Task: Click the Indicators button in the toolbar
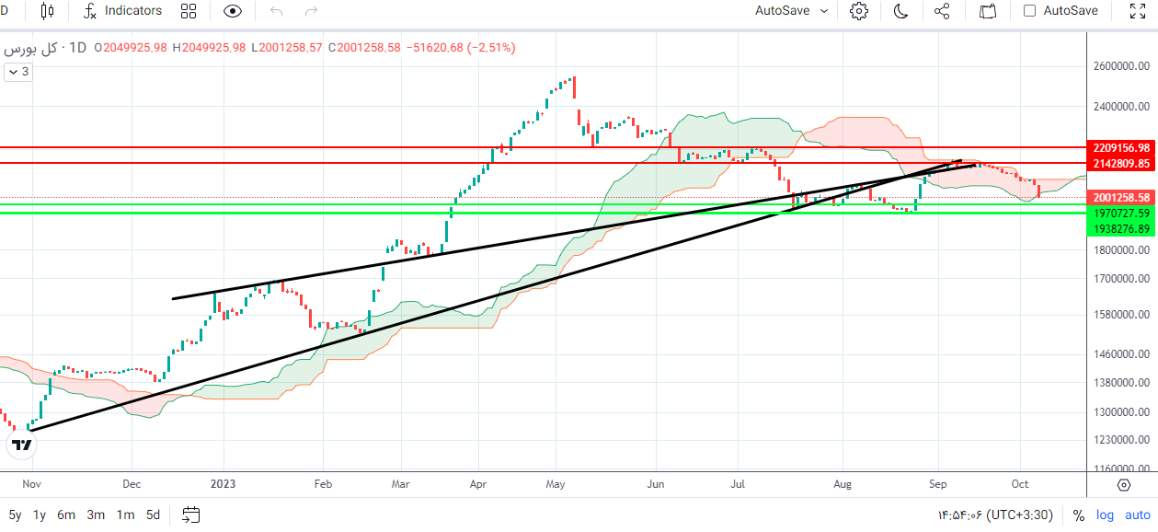pos(123,11)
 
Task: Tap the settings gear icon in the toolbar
pos(859,11)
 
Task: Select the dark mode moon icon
pos(900,11)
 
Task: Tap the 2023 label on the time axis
pos(223,483)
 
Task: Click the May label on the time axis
pos(556,483)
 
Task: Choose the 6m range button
pos(66,515)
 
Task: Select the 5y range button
pos(16,515)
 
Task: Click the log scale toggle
pos(1105,515)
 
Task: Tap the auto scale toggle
pos(1138,515)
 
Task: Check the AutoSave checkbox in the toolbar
pos(1029,11)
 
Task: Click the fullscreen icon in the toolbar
pos(1136,11)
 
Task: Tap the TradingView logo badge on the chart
pos(22,445)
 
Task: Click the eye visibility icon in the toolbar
pos(233,11)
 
